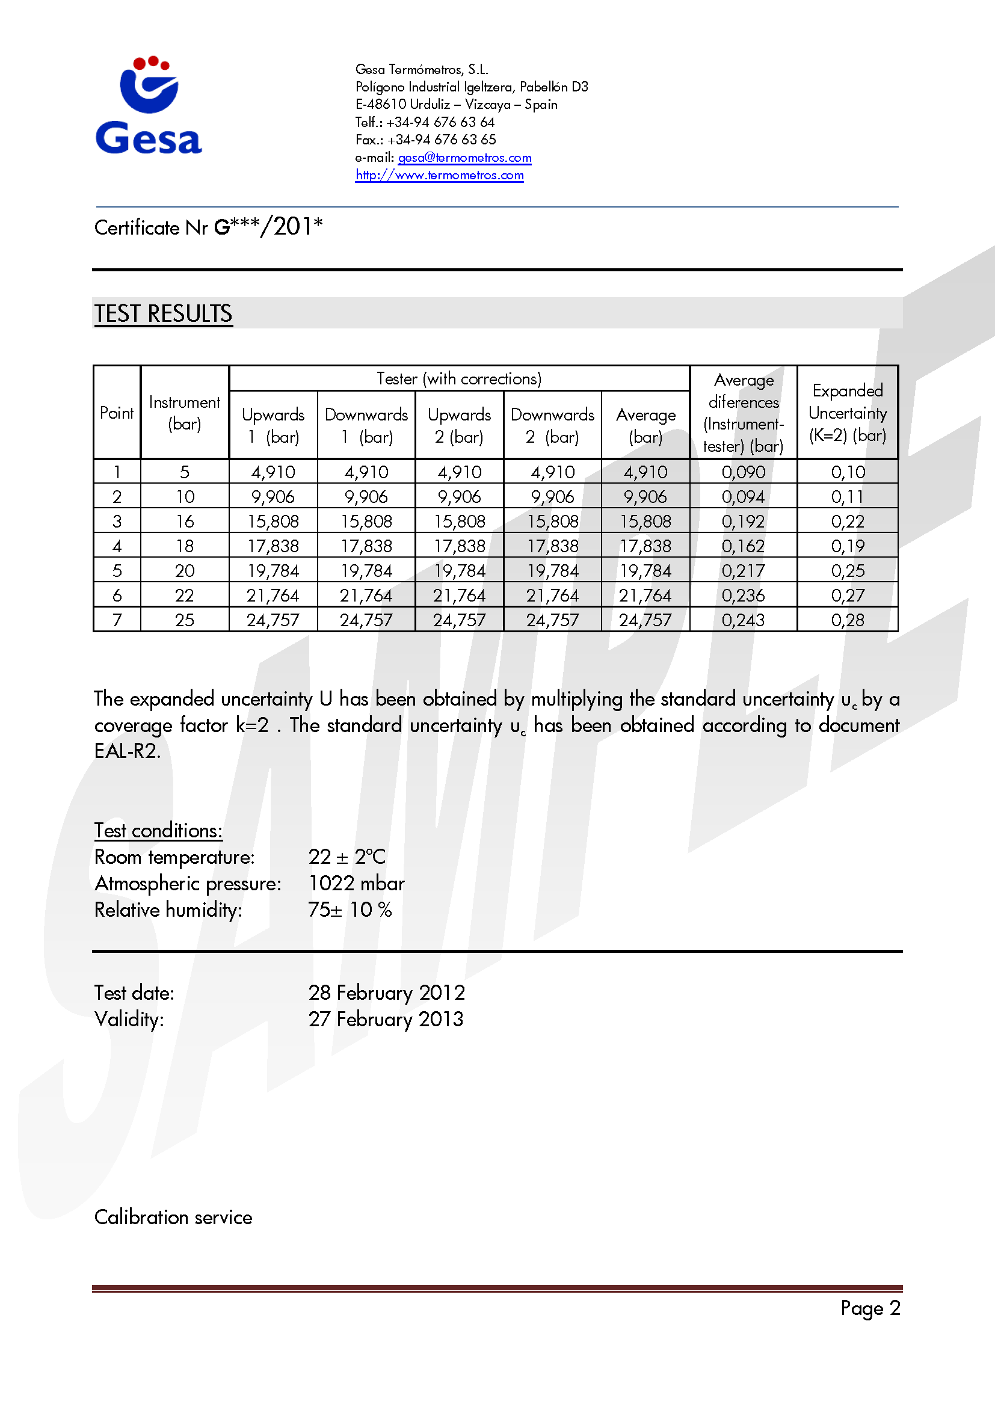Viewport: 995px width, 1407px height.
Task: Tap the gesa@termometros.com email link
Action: tap(464, 158)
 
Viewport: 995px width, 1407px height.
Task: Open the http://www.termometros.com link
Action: tap(439, 175)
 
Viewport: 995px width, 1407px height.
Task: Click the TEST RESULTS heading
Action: tap(163, 314)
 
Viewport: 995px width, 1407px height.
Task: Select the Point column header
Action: tap(117, 413)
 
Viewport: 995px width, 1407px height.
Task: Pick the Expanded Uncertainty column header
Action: tap(848, 413)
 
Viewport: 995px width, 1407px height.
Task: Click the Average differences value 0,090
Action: tap(743, 472)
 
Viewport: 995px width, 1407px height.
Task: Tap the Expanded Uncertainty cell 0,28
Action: tap(848, 620)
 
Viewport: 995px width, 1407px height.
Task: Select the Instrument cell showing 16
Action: tap(185, 522)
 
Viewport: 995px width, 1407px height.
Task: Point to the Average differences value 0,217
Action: tap(743, 571)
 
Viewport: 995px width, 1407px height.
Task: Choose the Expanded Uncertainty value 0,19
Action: tap(848, 546)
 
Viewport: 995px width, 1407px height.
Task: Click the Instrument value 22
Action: tap(185, 596)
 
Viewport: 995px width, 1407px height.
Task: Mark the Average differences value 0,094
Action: tap(743, 497)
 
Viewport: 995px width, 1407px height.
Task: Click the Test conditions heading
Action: tap(158, 830)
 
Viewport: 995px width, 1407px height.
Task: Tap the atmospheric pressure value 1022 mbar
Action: tap(357, 883)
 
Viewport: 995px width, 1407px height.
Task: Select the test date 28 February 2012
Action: tap(387, 993)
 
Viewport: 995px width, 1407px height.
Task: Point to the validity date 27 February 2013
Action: tap(386, 1019)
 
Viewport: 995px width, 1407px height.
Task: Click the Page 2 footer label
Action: tap(870, 1308)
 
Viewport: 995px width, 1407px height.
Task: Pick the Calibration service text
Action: tap(173, 1217)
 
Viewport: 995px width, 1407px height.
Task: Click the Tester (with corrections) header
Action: tap(459, 379)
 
